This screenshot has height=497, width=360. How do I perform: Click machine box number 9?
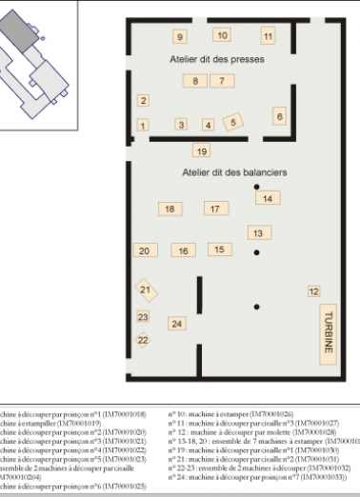coord(179,37)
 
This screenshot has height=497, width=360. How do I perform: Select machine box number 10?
coord(221,35)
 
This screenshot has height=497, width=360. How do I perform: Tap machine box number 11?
coord(268,36)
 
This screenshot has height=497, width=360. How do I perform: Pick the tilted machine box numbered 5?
coord(233,122)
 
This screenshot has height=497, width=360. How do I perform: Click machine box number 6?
coord(279,116)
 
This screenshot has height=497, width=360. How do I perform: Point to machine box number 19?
coord(201,150)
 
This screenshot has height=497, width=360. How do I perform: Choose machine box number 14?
coord(269,198)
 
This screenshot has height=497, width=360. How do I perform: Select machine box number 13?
coord(256,232)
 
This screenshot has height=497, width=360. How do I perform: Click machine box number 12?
coord(313,290)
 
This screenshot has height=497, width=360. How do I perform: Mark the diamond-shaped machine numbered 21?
coord(146,289)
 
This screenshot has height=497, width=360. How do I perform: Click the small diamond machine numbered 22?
coord(144,339)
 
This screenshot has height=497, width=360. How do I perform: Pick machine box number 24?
coord(175,324)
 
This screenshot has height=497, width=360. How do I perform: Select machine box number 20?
coord(144,250)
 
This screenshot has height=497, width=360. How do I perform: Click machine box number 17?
coord(215,208)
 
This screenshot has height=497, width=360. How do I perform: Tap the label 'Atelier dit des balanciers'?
coord(228,172)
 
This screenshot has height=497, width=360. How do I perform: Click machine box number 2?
coord(143,100)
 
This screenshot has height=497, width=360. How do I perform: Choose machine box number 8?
coord(195,82)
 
